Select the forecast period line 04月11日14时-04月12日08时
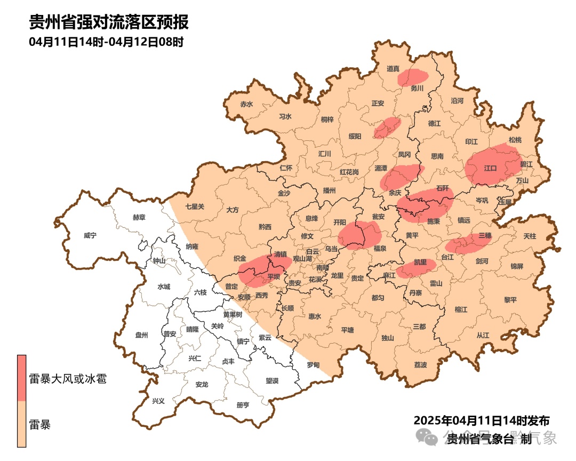point(106,42)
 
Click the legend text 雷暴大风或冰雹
point(68,379)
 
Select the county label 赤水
point(246,104)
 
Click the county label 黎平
point(510,300)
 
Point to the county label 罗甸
point(313,365)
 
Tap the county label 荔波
point(420,365)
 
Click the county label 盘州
point(141,335)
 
